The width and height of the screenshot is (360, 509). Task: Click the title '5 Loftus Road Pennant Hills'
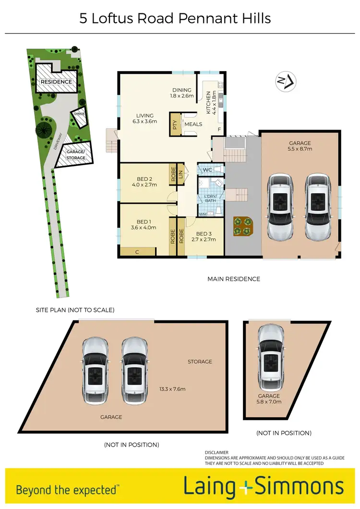tap(175, 18)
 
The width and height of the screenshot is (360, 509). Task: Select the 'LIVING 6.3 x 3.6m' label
tap(144, 118)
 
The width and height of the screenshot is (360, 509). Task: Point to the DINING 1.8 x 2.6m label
tap(182, 93)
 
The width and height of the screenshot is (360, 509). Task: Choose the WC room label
tap(207, 170)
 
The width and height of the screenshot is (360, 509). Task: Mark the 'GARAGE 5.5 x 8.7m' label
tap(300, 146)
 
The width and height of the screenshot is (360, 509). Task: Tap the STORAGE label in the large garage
tap(200, 361)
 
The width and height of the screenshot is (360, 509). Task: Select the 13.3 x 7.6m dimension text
tap(172, 389)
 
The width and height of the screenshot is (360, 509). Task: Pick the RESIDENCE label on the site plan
tap(56, 82)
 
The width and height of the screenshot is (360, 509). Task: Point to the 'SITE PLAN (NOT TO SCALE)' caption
tap(75, 310)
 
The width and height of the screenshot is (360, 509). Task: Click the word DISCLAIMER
tap(217, 452)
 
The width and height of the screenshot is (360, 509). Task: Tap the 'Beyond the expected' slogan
tap(67, 490)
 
